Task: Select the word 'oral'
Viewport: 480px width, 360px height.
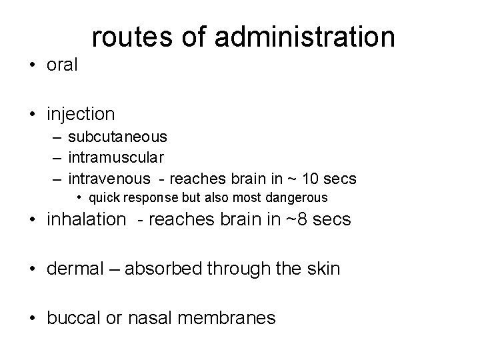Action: (x=63, y=65)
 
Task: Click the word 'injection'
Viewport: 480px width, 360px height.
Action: (x=81, y=115)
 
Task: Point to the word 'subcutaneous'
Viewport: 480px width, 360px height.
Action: (x=118, y=137)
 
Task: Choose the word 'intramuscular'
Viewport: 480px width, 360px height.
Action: (x=117, y=157)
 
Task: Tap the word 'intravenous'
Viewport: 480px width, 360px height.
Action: (x=109, y=179)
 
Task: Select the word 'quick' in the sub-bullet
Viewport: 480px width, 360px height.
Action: (x=105, y=197)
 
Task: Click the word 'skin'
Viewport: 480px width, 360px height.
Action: (x=323, y=269)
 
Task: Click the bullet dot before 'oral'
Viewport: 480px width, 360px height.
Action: (x=32, y=66)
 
